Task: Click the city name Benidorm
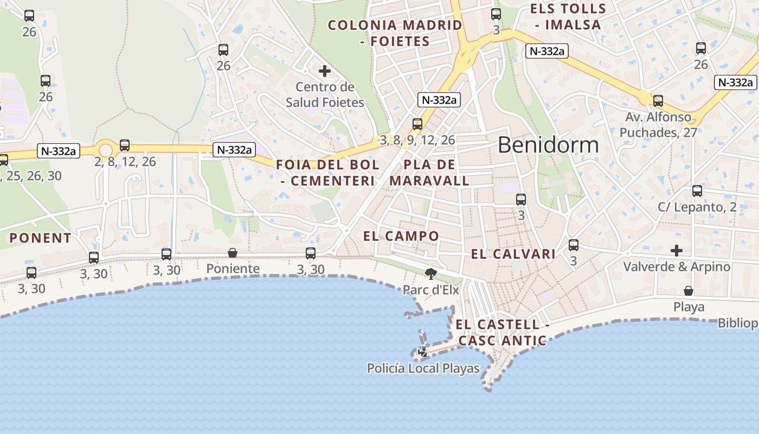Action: [x=548, y=145]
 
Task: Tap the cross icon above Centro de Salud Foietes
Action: [x=325, y=71]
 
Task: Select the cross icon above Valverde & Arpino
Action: [x=677, y=251]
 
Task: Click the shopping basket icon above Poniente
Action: [x=233, y=253]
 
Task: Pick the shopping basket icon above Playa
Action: [x=689, y=291]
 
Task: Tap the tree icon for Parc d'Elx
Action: [x=431, y=273]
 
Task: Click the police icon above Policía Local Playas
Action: [x=423, y=352]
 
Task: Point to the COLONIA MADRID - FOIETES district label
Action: [x=395, y=33]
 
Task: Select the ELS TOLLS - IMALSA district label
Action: [x=568, y=17]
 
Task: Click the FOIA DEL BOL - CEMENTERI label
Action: [x=328, y=173]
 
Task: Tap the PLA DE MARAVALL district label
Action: [x=429, y=173]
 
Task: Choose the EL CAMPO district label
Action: [x=401, y=236]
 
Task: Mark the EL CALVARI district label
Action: [x=513, y=254]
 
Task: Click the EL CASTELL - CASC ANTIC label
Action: [x=502, y=333]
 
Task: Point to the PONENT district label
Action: [x=41, y=238]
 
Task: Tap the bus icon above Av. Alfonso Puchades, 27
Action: [x=658, y=101]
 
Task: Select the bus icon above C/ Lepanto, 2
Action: [x=697, y=191]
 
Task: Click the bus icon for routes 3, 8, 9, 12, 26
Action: [x=417, y=124]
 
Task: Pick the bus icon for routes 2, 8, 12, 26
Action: [x=125, y=145]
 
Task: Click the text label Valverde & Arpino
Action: [x=677, y=267]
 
